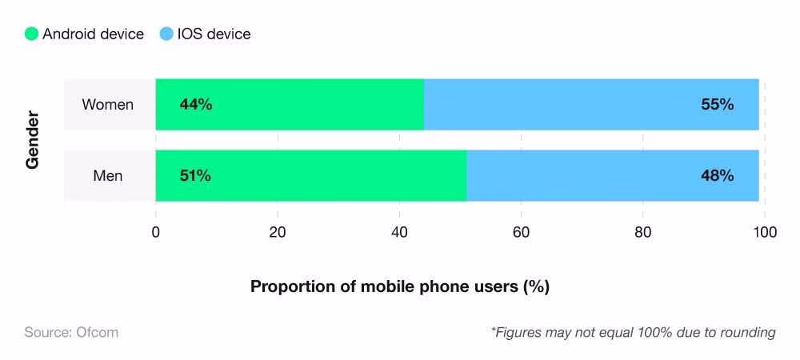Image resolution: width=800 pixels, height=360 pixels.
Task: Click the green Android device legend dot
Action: (x=31, y=34)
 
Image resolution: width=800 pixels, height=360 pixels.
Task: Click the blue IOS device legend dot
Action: (x=166, y=34)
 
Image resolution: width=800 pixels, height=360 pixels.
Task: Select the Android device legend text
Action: (x=93, y=34)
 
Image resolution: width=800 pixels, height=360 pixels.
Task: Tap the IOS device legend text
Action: (x=214, y=34)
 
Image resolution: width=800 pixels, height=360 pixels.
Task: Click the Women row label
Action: (x=108, y=105)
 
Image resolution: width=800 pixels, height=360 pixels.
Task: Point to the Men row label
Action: (x=108, y=176)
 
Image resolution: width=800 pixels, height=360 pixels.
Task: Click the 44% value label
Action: (x=196, y=105)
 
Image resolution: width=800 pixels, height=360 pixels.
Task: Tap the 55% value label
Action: (x=717, y=105)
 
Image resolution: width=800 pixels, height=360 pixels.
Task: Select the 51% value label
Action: (x=195, y=176)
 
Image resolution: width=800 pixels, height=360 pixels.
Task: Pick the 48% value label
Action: (x=717, y=176)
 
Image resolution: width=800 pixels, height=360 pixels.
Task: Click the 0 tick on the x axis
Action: (x=156, y=233)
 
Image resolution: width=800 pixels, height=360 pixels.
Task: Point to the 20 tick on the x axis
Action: (x=278, y=233)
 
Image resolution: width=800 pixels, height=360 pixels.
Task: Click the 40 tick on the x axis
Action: (x=399, y=233)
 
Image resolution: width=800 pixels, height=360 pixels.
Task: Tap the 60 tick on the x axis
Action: (x=521, y=233)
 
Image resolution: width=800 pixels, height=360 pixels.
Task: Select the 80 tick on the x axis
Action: (x=642, y=233)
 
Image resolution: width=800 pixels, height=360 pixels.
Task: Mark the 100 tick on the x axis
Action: (x=765, y=233)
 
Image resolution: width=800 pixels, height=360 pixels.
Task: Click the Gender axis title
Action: (x=33, y=141)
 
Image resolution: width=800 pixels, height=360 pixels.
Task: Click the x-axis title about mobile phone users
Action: (x=399, y=286)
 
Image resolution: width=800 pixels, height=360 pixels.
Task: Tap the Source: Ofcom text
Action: (x=71, y=332)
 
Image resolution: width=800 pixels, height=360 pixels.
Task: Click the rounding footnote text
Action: (x=633, y=332)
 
